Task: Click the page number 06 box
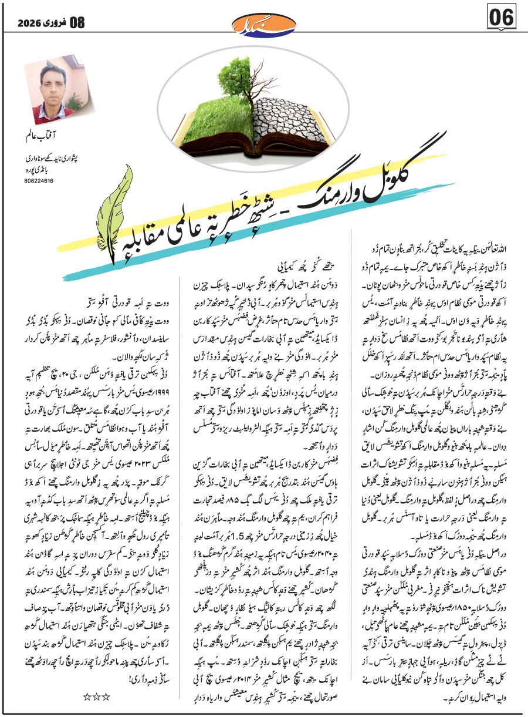(501, 19)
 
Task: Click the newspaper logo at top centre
(263, 23)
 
